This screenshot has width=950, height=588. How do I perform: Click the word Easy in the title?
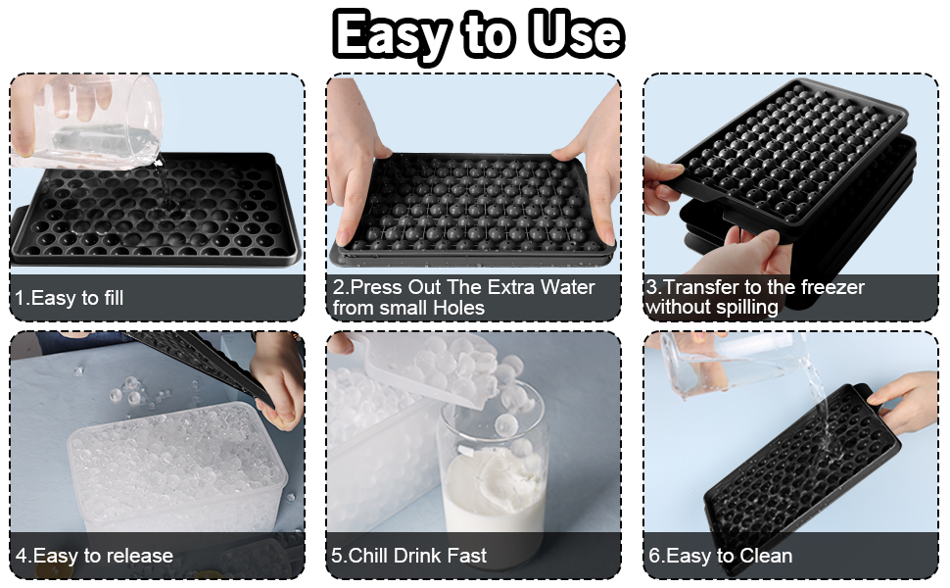[390, 35]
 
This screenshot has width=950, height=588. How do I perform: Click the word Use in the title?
[575, 35]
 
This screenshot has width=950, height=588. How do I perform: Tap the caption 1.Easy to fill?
[69, 298]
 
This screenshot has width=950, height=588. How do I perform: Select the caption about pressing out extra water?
[463, 297]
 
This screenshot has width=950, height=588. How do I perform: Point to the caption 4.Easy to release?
[94, 556]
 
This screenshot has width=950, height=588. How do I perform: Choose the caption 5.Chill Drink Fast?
[409, 556]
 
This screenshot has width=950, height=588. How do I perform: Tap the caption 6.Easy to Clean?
[720, 556]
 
